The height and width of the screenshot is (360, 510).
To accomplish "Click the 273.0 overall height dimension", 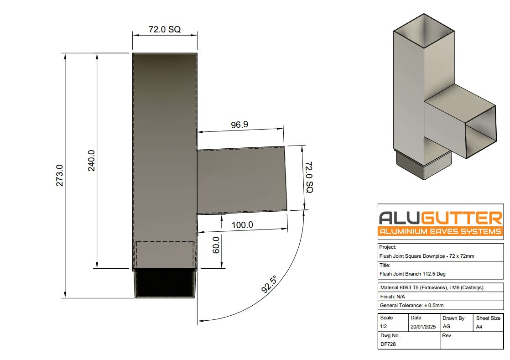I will pyautogui.click(x=60, y=176).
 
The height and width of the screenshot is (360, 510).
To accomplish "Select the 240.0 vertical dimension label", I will pyautogui.click(x=91, y=161).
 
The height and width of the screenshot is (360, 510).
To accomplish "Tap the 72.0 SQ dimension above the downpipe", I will pyautogui.click(x=165, y=30).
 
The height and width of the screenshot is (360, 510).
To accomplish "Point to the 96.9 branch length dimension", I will pyautogui.click(x=239, y=125).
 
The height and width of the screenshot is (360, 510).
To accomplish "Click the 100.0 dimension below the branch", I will pyautogui.click(x=242, y=225).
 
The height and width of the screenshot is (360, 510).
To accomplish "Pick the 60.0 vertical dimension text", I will pyautogui.click(x=216, y=245).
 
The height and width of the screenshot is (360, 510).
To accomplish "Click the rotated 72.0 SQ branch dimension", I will pyautogui.click(x=309, y=177).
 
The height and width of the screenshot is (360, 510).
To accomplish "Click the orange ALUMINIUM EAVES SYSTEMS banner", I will pyautogui.click(x=440, y=231).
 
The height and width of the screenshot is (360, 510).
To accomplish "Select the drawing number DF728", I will pyautogui.click(x=389, y=344).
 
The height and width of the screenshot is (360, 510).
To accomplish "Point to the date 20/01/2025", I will pyautogui.click(x=424, y=327).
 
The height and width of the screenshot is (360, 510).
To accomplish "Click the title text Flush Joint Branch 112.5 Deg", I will pyautogui.click(x=412, y=274).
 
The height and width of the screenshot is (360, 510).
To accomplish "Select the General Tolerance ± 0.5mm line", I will pyautogui.click(x=411, y=305).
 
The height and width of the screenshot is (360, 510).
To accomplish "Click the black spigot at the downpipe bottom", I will pyautogui.click(x=166, y=283).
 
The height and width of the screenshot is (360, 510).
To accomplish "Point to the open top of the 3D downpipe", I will pyautogui.click(x=425, y=30).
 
